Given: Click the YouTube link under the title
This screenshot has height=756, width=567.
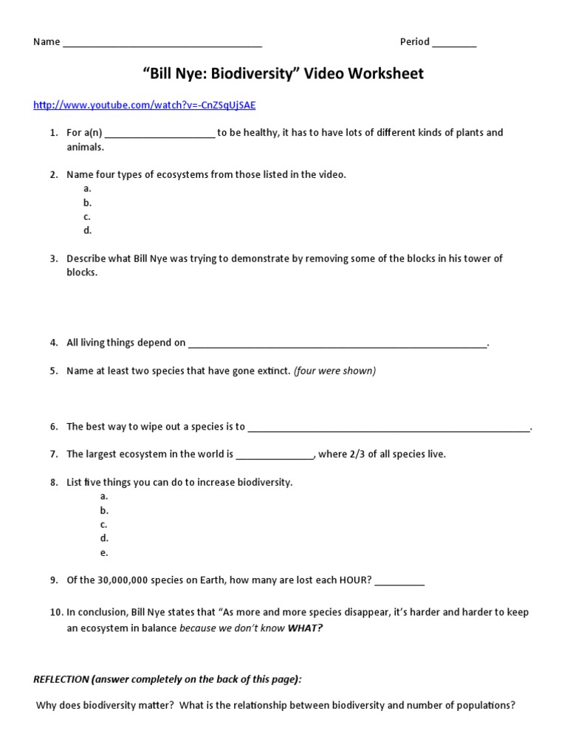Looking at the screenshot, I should click(145, 105).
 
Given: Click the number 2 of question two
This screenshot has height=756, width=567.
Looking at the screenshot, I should click(54, 175).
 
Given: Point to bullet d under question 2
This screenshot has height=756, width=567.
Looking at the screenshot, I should click(87, 230).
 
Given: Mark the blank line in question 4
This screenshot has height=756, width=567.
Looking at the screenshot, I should click(337, 345).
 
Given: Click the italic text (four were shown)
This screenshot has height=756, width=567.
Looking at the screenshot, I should click(334, 371).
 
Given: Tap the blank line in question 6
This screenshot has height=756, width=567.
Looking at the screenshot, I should click(388, 429).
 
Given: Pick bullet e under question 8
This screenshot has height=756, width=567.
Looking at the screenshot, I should click(104, 552).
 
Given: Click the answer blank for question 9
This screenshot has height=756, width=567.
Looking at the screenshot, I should click(399, 583).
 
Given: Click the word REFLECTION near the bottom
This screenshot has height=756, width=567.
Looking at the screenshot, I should click(61, 678).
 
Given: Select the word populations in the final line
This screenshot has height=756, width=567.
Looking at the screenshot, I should click(485, 705).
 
